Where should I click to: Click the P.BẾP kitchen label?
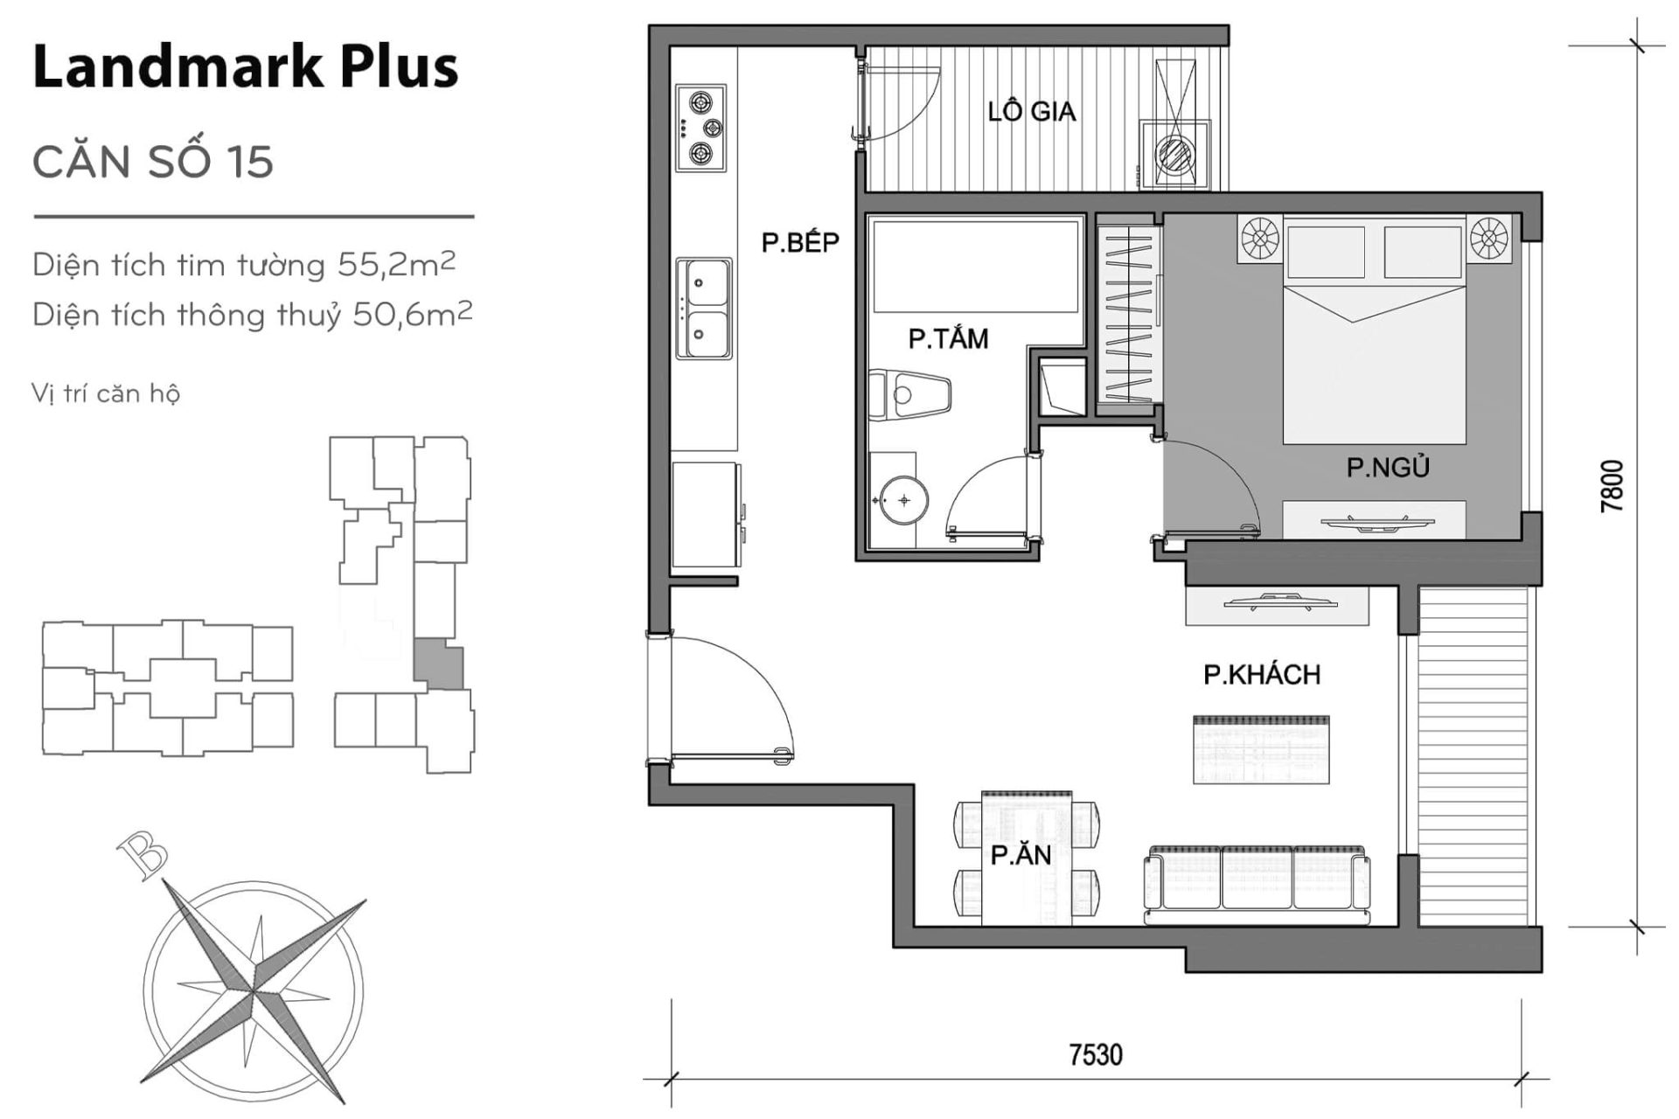(799, 242)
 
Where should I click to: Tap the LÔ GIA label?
(1031, 112)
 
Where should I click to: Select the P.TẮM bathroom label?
(948, 338)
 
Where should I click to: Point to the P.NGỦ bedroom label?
(1387, 468)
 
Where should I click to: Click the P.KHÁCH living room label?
(1261, 674)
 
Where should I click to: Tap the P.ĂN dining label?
(1021, 855)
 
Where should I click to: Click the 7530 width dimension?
(1095, 1054)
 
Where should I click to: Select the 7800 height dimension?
(1611, 486)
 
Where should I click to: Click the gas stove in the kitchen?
(701, 128)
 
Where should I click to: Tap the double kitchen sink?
(704, 308)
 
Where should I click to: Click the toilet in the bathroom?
(909, 396)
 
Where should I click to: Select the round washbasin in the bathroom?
(902, 501)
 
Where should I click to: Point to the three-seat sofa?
(1257, 885)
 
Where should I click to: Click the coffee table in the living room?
(1261, 749)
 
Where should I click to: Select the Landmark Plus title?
(245, 66)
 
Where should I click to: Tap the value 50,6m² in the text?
(412, 314)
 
